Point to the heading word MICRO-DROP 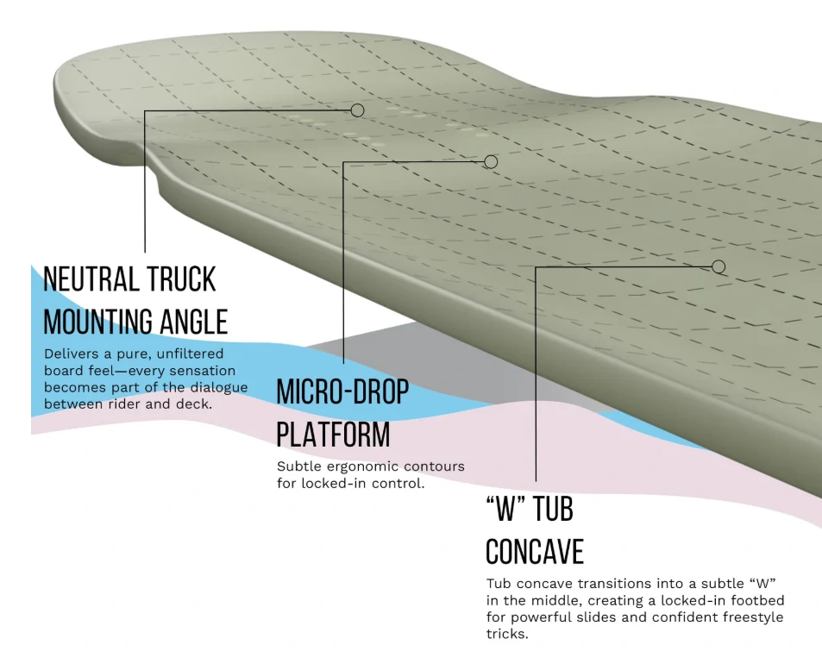click(342, 391)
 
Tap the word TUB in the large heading click(552, 509)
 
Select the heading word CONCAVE click(535, 551)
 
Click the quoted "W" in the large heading click(505, 509)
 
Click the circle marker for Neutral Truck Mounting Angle click(358, 110)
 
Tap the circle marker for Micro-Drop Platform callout click(491, 161)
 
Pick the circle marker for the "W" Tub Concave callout click(718, 266)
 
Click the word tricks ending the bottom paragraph click(506, 634)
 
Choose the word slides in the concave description click(601, 617)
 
